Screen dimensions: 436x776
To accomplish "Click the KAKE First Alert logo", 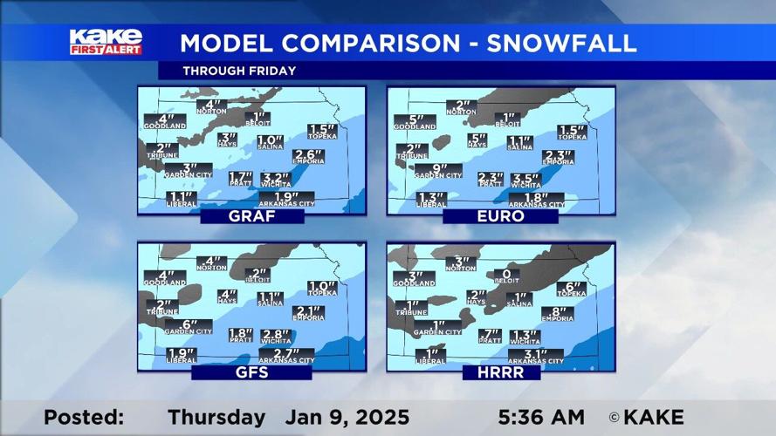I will [106, 42].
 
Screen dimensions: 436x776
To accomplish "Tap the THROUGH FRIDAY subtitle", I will [238, 71].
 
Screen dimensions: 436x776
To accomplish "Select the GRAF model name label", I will [251, 216].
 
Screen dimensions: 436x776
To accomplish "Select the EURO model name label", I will [500, 216].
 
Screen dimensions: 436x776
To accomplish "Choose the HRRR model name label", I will [502, 372].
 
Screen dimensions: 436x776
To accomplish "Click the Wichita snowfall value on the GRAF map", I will [276, 178].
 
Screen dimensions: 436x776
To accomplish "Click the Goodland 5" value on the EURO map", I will [415, 120].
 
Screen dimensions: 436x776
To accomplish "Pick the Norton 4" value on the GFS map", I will [211, 261].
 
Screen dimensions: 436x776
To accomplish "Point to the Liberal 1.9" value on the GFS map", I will [181, 353].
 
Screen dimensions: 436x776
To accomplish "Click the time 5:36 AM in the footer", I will [543, 418].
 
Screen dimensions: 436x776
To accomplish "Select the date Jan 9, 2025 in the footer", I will [347, 418].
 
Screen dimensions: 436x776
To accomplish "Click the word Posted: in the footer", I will [84, 418].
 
